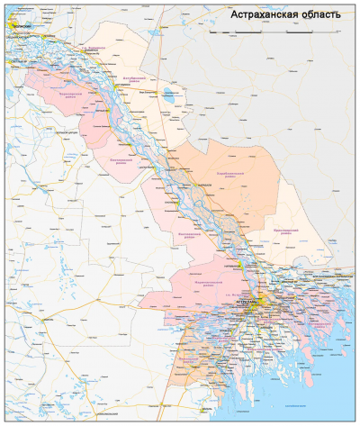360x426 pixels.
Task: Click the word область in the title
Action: coord(321,15)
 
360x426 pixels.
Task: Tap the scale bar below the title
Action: coord(261,32)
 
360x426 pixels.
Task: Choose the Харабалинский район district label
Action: coord(233,171)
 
